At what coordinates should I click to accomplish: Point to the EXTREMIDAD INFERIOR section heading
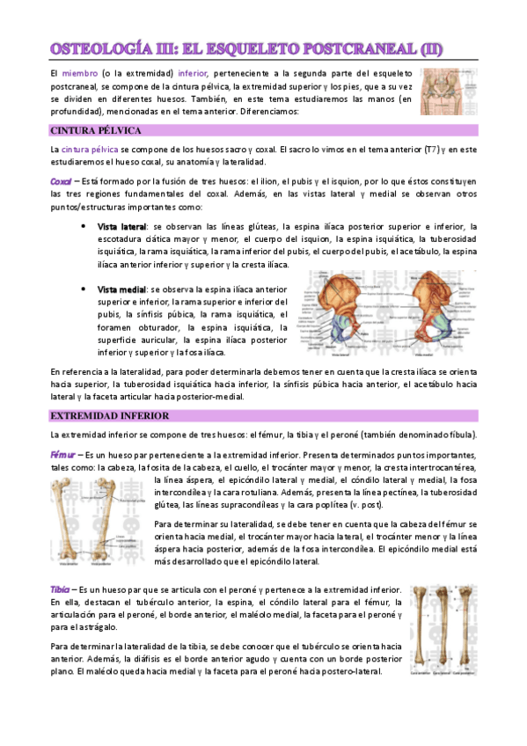[x=109, y=415]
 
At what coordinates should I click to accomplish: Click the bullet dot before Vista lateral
[x=80, y=227]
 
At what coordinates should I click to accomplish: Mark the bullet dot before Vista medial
[x=80, y=289]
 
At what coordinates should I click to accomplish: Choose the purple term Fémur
[x=62, y=455]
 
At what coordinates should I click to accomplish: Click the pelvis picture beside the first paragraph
[x=448, y=91]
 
